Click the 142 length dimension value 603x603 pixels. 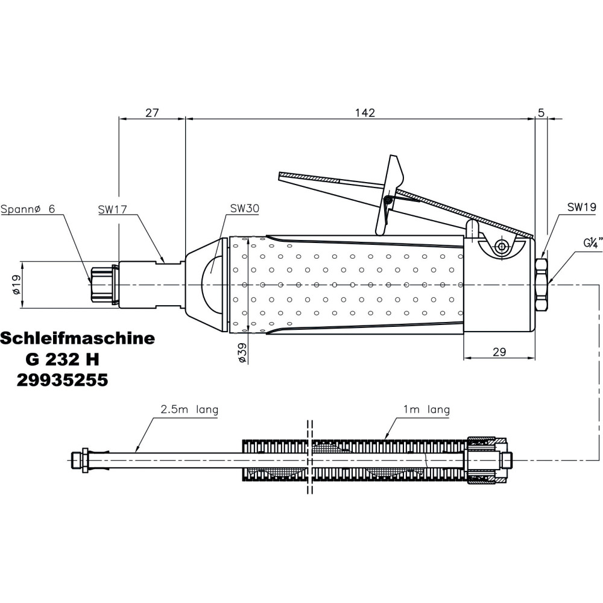click(365, 113)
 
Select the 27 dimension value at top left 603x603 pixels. click(151, 113)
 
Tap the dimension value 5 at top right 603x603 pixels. click(541, 113)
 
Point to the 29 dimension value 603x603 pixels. click(499, 352)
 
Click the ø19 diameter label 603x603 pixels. click(16, 285)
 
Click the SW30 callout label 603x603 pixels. click(244, 209)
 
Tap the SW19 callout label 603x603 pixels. click(581, 207)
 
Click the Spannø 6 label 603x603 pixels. click(28, 209)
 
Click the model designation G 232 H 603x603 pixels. click(62, 359)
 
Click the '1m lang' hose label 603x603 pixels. click(426, 410)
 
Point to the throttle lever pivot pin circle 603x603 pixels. click(500, 245)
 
